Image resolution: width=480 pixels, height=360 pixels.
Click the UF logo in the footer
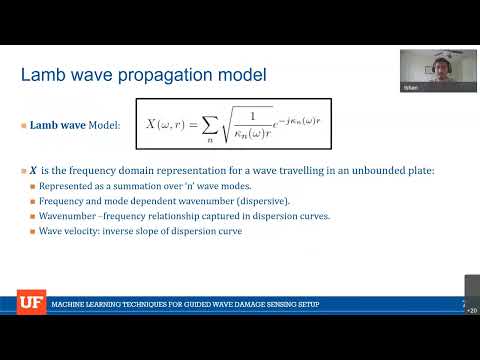[x=30, y=302]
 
